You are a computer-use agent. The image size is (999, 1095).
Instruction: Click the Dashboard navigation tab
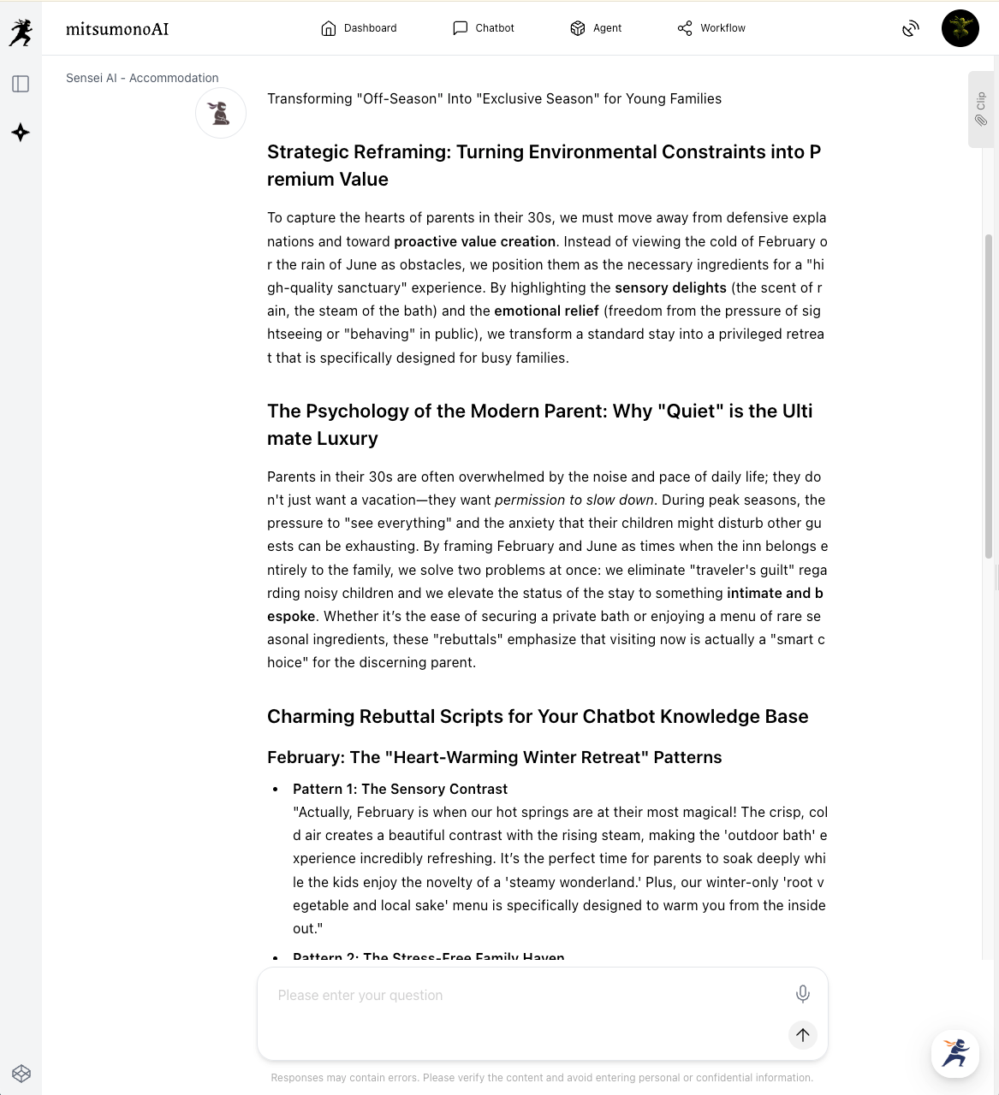click(359, 28)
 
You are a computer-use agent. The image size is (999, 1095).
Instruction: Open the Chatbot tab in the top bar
click(483, 28)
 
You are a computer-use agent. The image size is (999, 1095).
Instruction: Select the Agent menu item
click(596, 28)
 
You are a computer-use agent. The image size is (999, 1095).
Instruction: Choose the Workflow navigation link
click(711, 28)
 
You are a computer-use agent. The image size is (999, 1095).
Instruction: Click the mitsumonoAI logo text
click(117, 29)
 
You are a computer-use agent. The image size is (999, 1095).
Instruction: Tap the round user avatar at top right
click(960, 28)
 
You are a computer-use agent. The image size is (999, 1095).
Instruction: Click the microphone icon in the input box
click(802, 993)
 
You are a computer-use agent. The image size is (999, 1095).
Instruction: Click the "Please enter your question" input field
click(522, 996)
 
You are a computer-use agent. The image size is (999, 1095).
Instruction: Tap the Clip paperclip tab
click(981, 109)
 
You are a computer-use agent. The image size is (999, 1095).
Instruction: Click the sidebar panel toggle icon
click(21, 84)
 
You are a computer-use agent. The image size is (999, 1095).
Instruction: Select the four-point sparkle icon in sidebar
click(21, 133)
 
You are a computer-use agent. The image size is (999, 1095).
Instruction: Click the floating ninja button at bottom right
click(954, 1053)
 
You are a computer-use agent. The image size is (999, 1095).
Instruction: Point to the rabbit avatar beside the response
click(221, 113)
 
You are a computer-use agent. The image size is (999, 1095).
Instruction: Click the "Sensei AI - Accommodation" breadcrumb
click(142, 78)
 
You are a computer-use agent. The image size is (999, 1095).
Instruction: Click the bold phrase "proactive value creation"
click(474, 241)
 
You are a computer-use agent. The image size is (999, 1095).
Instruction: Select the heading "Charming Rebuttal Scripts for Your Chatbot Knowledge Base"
click(538, 717)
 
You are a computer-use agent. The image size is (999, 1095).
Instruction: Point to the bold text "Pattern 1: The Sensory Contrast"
click(400, 789)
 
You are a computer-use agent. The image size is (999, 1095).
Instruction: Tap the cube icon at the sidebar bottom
click(21, 1074)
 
